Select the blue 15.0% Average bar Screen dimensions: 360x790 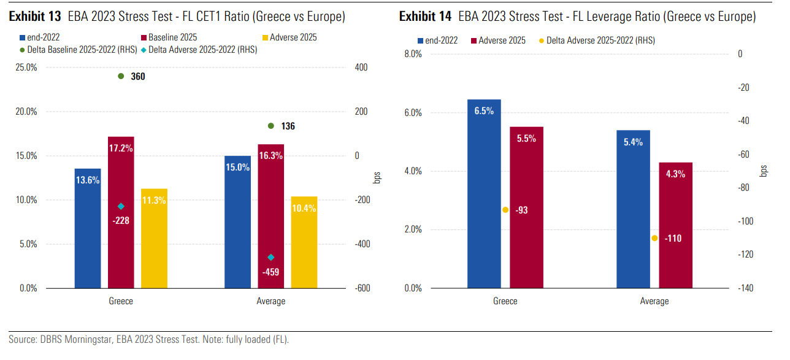coord(237,221)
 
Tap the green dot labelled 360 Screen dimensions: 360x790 coord(121,76)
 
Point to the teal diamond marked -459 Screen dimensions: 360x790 coord(270,257)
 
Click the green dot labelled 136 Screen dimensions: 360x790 coord(270,126)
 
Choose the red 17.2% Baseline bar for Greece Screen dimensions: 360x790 coord(121,212)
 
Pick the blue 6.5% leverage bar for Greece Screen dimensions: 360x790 coord(484,193)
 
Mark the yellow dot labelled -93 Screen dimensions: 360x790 coord(505,210)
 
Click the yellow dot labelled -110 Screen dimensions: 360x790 coord(655,238)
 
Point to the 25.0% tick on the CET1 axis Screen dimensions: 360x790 coord(26,67)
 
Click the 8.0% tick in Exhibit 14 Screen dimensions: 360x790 coord(413,54)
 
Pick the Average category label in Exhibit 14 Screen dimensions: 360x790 coord(654,301)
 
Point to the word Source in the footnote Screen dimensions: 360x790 coord(22,339)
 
